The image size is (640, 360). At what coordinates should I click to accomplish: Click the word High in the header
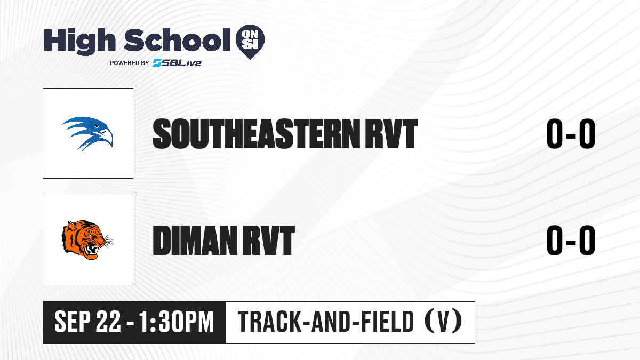(x=80, y=42)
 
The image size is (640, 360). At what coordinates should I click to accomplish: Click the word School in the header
(x=177, y=40)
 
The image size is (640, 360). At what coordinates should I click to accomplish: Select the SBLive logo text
(x=177, y=63)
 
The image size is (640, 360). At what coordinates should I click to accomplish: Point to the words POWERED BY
(x=130, y=63)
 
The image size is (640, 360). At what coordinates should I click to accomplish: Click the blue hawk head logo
(x=87, y=133)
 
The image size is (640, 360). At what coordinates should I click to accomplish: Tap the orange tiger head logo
(x=87, y=239)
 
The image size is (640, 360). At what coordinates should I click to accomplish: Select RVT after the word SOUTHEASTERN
(x=391, y=134)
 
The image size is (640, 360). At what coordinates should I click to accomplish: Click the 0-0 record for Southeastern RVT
(x=571, y=134)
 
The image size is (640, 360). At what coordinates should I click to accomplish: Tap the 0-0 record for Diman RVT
(x=571, y=241)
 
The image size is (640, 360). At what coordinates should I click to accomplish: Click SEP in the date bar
(x=73, y=322)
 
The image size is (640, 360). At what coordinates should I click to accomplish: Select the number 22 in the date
(x=108, y=322)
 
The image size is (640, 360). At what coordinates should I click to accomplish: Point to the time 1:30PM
(x=177, y=322)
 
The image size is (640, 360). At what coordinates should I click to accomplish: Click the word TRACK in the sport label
(x=269, y=322)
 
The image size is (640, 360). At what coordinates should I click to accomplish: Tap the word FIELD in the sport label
(x=388, y=322)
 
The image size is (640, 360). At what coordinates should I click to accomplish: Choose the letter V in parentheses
(x=443, y=322)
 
